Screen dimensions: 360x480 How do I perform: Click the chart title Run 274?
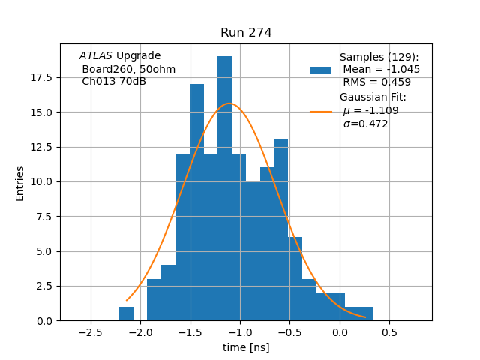(x=246, y=33)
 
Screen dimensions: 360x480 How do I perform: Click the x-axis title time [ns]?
(x=246, y=347)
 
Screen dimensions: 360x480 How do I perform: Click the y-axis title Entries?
(x=20, y=183)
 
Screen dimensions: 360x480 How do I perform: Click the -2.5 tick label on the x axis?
(x=91, y=332)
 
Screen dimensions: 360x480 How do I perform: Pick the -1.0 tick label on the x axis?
(x=240, y=332)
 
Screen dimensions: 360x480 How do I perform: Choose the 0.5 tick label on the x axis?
(x=389, y=332)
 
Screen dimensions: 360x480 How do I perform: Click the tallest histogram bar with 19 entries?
(x=224, y=187)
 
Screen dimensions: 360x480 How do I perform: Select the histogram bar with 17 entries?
(x=197, y=202)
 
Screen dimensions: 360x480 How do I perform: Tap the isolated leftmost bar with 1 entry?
(x=126, y=313)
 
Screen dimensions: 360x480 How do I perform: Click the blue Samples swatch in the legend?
(x=321, y=70)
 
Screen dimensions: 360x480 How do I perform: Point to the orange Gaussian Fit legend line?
(x=321, y=111)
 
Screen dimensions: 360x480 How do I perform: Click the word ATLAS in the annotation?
(x=96, y=56)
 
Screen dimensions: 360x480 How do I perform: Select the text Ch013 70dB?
(x=114, y=81)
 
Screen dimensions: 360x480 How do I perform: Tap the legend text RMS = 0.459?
(x=376, y=82)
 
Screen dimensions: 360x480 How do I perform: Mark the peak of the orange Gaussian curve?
(x=229, y=103)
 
